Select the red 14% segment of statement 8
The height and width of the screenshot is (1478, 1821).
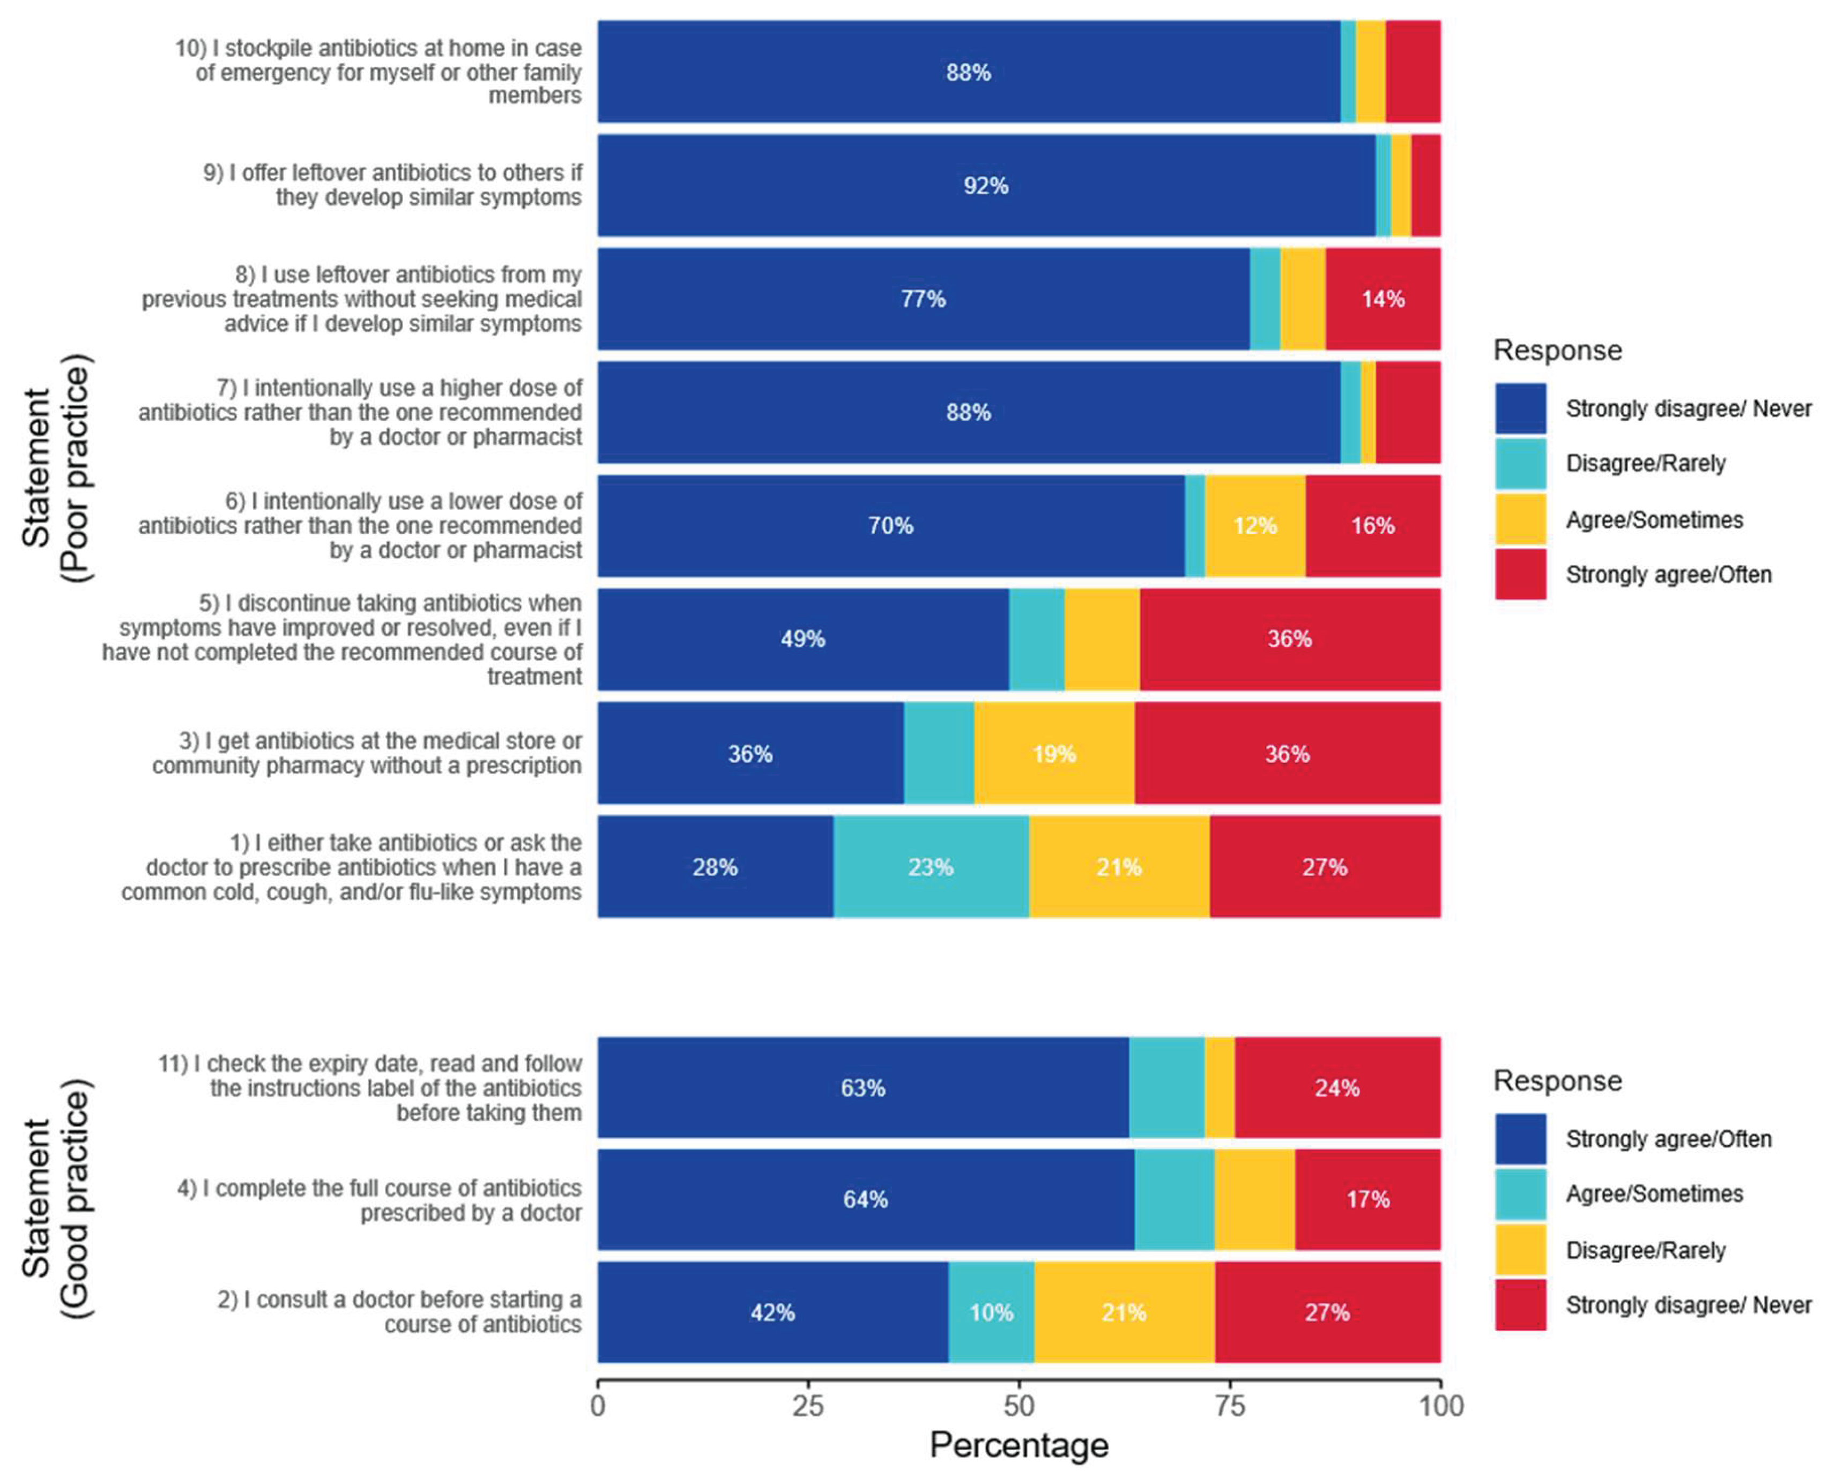point(1383,299)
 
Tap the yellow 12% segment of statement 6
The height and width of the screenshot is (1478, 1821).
point(1255,526)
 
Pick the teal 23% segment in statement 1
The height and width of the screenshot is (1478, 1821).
point(931,867)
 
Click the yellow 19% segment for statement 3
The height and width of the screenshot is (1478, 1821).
point(1054,753)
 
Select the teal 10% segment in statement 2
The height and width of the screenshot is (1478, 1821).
point(992,1312)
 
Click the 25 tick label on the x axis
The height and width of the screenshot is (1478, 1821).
point(808,1405)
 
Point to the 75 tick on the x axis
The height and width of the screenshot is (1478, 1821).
point(1229,1384)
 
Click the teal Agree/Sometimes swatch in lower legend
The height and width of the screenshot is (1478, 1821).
point(1520,1194)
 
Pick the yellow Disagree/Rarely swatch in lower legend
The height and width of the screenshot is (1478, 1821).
point(1520,1250)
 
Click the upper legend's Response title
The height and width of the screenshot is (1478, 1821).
point(1558,350)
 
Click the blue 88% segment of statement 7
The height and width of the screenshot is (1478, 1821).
point(969,413)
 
